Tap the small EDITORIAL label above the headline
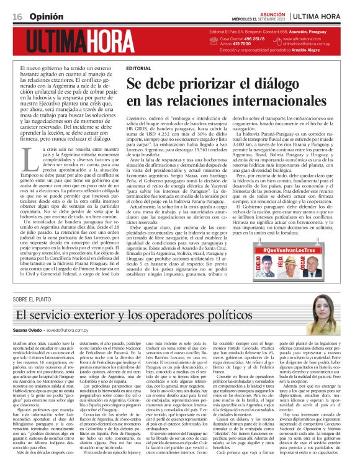click(138, 67)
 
